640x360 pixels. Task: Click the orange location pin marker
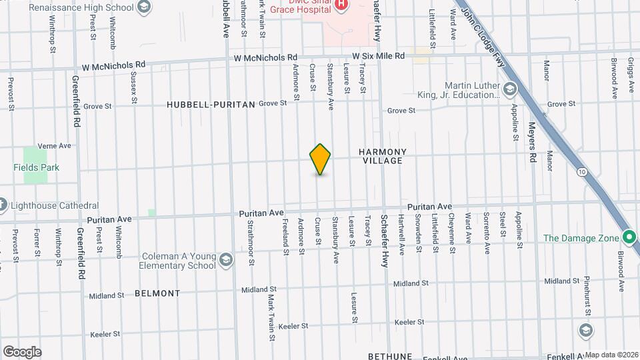point(320,159)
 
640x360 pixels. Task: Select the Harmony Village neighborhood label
point(382,156)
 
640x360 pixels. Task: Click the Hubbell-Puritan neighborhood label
point(211,105)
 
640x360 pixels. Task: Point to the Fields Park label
point(36,167)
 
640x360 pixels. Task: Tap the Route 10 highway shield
point(583,171)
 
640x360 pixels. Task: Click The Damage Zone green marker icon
point(629,237)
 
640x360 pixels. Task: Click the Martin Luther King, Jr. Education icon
point(510,89)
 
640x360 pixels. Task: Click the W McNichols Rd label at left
point(113,65)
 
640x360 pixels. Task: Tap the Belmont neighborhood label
point(157,293)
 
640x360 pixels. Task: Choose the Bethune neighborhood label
point(391,356)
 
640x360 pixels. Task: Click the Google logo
point(22,352)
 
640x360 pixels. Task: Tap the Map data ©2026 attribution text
point(611,355)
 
